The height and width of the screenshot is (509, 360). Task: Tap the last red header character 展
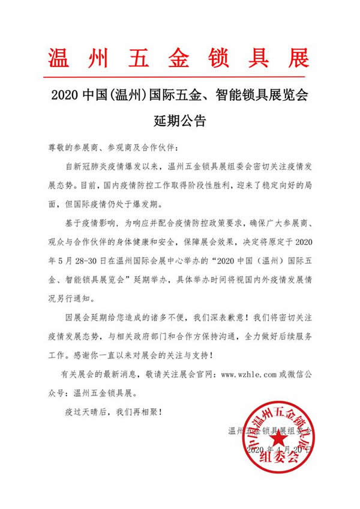pos(298,57)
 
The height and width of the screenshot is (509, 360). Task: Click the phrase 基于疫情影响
pos(90,223)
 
